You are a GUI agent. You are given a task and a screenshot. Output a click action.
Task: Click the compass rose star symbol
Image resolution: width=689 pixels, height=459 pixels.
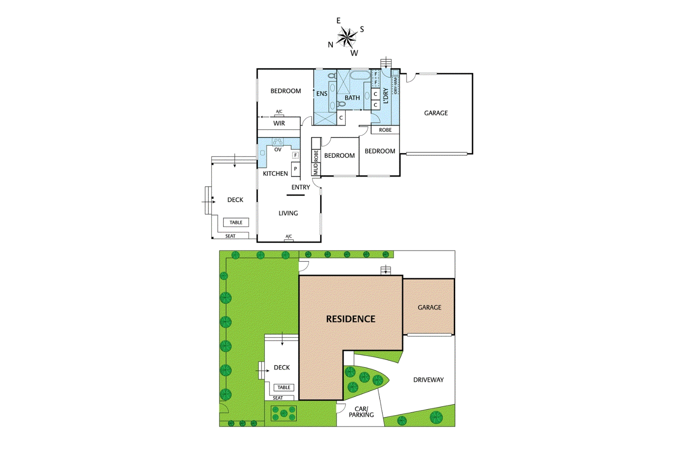[347, 37]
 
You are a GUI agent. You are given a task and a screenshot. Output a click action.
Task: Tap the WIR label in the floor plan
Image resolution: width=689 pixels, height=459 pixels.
[279, 123]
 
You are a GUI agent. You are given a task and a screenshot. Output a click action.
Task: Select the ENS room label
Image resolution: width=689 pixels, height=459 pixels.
[322, 93]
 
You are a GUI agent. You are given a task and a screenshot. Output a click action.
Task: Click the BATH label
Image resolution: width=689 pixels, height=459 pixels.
[352, 98]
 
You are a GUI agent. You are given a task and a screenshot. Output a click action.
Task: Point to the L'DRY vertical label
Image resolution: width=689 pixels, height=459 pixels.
[385, 96]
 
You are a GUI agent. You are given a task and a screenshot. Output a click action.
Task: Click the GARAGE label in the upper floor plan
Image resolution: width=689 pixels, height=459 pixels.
[436, 113]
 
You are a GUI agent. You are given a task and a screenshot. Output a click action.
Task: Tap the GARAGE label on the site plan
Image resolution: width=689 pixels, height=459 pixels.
[429, 307]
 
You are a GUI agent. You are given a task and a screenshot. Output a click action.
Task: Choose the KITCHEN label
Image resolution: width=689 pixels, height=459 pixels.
[275, 173]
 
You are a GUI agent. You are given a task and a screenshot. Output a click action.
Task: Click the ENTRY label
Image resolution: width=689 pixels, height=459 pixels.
[301, 187]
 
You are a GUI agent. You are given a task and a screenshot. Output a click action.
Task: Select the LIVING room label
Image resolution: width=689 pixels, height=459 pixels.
[288, 213]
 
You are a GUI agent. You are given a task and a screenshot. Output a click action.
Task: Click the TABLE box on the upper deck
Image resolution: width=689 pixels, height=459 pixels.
[236, 222]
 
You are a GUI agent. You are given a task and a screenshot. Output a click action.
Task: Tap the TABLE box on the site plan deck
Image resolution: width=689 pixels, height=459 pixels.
[284, 387]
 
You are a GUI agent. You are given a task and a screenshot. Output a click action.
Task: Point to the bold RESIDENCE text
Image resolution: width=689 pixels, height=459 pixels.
[351, 319]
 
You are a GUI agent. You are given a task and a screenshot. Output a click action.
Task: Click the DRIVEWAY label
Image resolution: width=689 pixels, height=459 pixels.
[428, 379]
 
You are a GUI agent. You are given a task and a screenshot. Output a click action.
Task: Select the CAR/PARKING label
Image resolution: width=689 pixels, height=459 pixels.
[361, 412]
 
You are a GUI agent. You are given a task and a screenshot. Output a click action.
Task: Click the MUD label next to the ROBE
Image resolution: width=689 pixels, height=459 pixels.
[316, 169]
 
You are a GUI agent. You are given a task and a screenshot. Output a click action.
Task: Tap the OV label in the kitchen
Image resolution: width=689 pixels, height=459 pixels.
[278, 150]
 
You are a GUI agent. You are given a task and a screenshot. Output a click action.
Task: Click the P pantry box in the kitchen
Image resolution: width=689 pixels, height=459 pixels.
[295, 169]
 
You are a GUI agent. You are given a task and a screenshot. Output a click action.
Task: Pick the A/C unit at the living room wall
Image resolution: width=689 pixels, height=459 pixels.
[289, 237]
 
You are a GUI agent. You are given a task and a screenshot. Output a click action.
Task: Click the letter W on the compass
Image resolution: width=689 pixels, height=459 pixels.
[354, 53]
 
